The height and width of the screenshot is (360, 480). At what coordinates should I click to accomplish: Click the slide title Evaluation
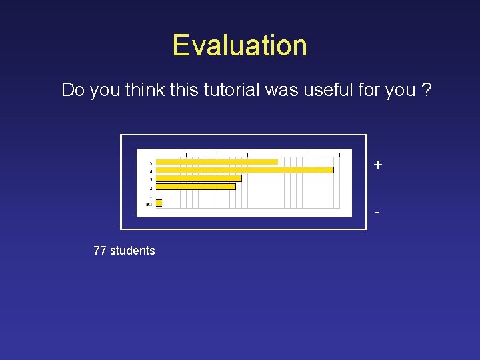tap(240, 45)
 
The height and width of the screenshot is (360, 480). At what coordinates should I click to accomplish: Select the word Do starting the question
tap(73, 90)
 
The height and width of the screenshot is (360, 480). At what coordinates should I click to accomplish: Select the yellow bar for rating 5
tap(217, 162)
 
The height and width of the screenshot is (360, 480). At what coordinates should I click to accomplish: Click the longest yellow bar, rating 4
tap(244, 170)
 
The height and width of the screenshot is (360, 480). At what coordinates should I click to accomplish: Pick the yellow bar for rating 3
tap(199, 178)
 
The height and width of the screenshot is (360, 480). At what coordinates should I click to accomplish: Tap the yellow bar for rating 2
tap(195, 187)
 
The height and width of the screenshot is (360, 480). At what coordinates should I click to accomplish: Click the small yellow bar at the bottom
tap(159, 203)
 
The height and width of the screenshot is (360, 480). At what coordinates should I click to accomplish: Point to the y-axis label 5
tap(151, 163)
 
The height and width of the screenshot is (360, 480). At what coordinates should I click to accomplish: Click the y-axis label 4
tap(151, 171)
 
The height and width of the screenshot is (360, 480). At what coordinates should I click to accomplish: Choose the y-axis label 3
tap(151, 179)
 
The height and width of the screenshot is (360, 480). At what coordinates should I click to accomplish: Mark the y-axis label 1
tap(151, 196)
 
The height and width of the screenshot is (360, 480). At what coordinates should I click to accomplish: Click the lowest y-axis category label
tap(149, 204)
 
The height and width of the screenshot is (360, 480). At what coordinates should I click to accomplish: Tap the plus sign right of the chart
tap(378, 165)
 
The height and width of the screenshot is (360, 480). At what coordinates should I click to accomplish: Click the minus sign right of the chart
tap(378, 213)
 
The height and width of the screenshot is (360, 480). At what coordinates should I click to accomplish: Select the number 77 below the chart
tap(100, 251)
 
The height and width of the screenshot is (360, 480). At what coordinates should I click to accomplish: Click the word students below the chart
tap(132, 251)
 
